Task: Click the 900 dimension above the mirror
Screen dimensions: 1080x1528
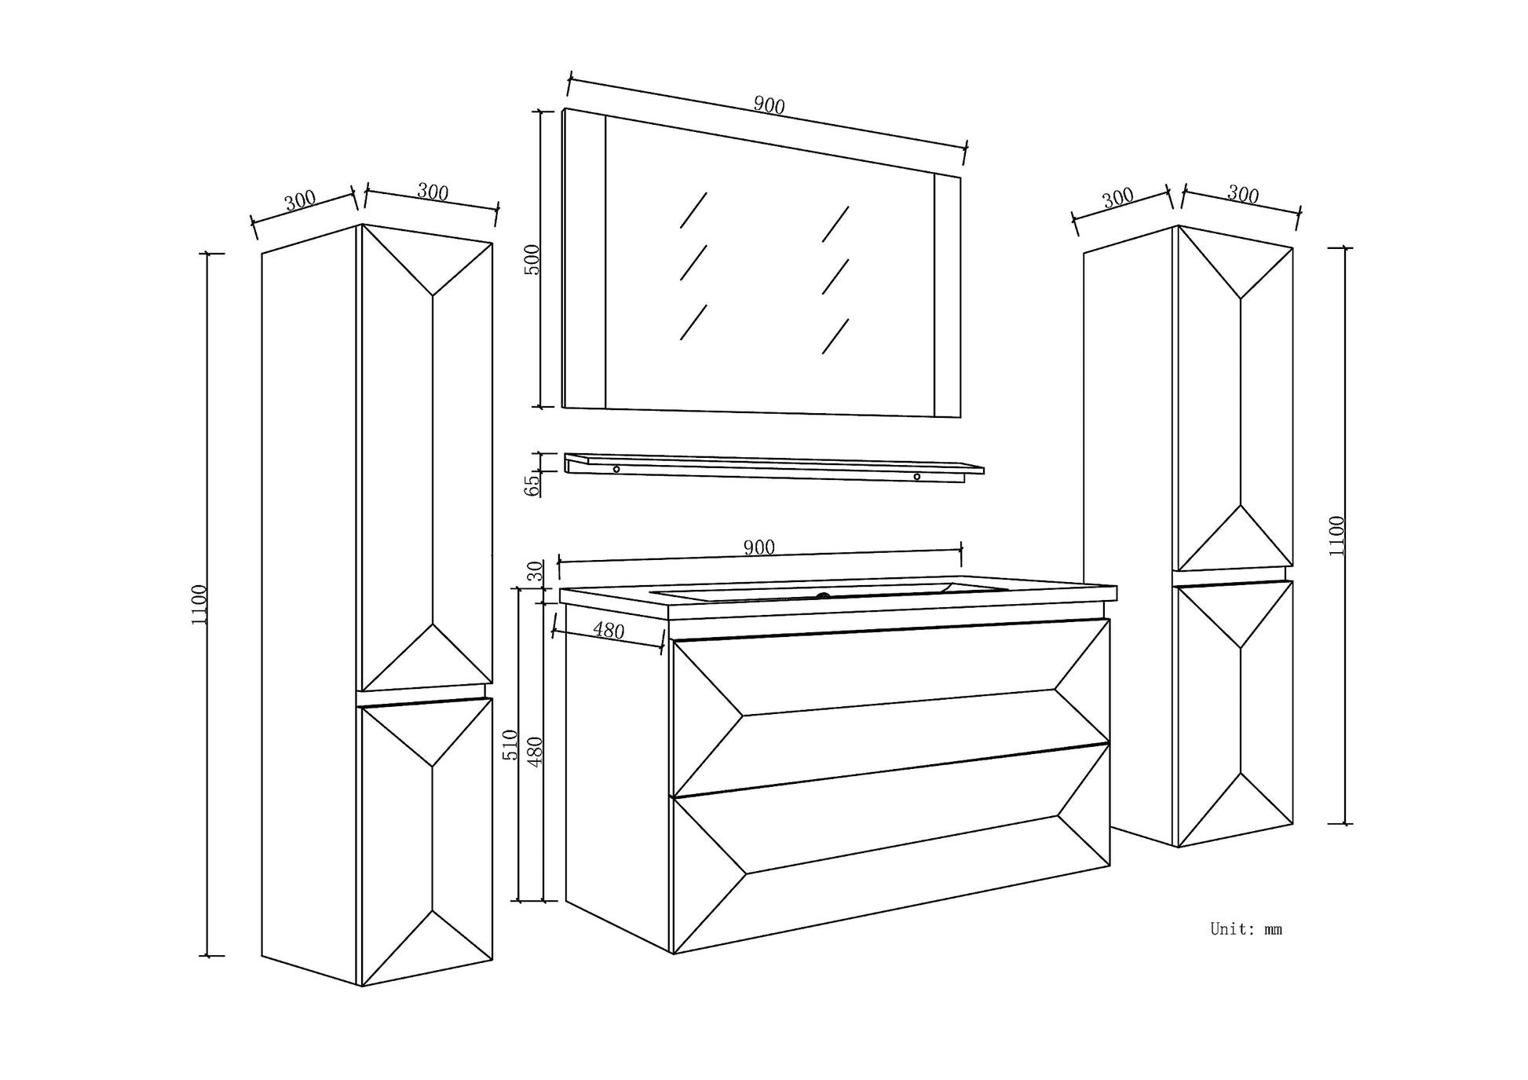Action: point(769,105)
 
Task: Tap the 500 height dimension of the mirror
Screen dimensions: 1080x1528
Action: point(532,259)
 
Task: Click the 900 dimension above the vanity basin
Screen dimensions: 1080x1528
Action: point(759,547)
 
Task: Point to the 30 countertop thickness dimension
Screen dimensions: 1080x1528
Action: point(536,571)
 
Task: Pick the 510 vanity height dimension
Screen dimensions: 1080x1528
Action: point(510,745)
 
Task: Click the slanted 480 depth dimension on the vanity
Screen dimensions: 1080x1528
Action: point(609,630)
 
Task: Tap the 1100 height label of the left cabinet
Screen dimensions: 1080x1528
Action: point(199,605)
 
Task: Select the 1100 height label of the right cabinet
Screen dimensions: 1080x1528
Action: point(1336,536)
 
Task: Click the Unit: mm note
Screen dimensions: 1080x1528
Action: point(1246,929)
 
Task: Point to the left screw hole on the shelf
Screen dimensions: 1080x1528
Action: point(616,469)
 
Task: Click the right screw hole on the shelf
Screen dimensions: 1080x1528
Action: point(916,477)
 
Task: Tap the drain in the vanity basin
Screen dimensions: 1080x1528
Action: point(823,596)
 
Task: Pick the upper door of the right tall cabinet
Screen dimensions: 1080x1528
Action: point(1234,401)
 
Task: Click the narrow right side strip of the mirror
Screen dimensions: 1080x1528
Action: point(947,295)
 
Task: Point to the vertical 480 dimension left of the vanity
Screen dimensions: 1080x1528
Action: point(536,752)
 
